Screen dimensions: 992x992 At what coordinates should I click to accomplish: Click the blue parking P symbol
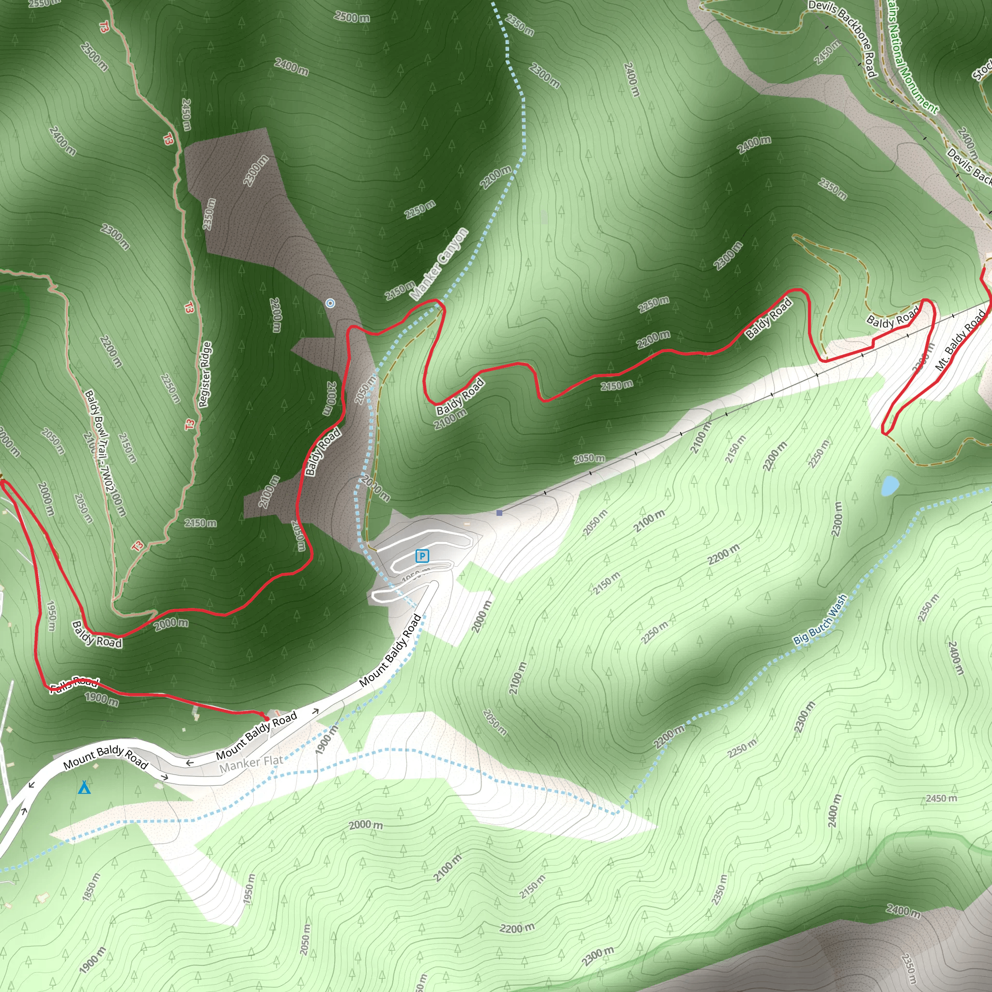point(422,556)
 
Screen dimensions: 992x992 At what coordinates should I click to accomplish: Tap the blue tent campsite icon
point(84,788)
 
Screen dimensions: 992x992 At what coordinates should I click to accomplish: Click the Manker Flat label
point(251,763)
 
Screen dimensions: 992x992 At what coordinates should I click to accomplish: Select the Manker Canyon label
point(439,264)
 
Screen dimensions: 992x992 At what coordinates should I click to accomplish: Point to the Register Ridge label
point(204,374)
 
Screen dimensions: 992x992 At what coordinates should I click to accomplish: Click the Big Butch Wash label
point(820,620)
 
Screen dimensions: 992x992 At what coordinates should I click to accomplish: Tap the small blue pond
point(890,485)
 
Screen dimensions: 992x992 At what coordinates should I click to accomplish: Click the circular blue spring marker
point(330,303)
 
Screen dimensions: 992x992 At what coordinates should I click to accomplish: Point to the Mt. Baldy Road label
point(960,341)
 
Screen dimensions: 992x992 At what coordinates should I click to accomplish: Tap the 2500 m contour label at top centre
point(352,16)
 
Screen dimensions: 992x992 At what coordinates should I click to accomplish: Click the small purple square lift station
point(499,513)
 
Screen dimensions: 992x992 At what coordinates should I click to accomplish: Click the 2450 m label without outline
point(941,798)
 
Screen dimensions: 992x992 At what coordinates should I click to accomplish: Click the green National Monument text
point(912,57)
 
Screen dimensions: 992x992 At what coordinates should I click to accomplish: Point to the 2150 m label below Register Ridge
point(200,523)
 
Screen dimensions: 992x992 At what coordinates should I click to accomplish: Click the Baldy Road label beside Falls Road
point(97,635)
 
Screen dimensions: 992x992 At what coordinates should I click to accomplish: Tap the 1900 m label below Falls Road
point(102,699)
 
